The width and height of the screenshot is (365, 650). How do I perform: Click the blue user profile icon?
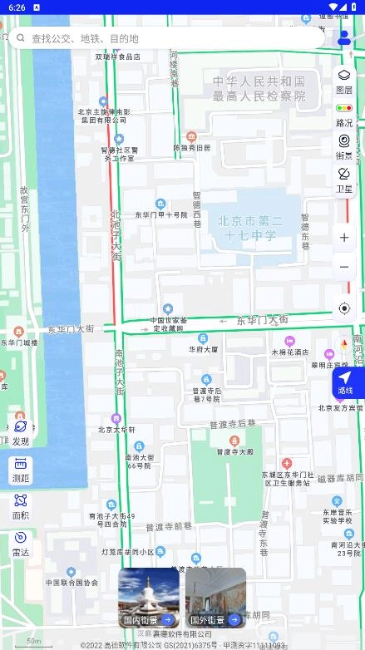344,37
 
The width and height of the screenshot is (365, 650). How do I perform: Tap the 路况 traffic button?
344,115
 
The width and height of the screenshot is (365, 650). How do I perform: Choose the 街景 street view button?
344,146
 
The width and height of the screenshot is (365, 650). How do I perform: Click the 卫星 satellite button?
344,180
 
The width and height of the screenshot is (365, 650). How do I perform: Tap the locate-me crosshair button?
344,308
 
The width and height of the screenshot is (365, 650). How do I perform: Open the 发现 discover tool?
21,432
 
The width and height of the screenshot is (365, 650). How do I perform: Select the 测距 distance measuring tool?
21,470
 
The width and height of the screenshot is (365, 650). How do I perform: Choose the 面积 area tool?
21,506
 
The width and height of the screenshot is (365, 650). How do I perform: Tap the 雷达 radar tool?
21,543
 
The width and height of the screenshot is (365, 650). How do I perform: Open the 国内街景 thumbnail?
149,598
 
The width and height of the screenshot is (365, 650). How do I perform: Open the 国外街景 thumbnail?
215,598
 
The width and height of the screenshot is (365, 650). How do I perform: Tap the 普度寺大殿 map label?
234,451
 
